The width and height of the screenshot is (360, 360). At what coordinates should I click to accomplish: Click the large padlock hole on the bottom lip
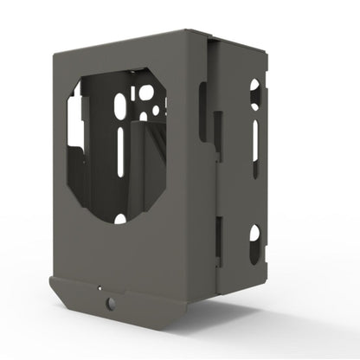[110, 303]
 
